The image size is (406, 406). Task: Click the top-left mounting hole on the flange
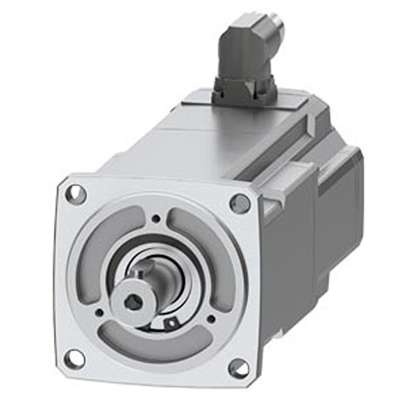tap(76, 194)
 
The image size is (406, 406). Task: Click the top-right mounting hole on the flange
tap(240, 203)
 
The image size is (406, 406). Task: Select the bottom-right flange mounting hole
tap(238, 368)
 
